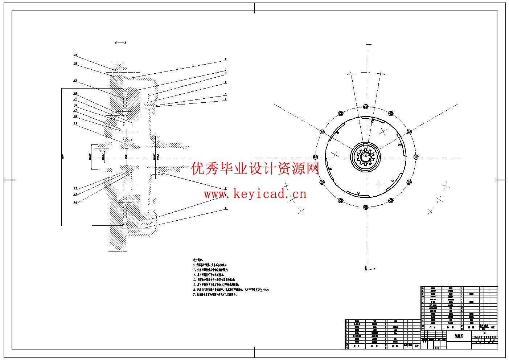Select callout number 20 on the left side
pos(75,64)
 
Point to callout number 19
pos(75,80)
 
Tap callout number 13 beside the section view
pos(75,124)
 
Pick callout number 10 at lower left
pos(75,202)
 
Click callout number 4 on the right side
pos(225,82)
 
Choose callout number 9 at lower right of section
pos(225,208)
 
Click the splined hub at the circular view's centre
pos(365,157)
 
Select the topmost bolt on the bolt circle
pos(365,107)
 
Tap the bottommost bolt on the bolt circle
pos(365,207)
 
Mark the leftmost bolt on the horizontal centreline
pos(315,157)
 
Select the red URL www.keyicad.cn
pos(255,194)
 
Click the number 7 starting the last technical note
pos(194,295)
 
